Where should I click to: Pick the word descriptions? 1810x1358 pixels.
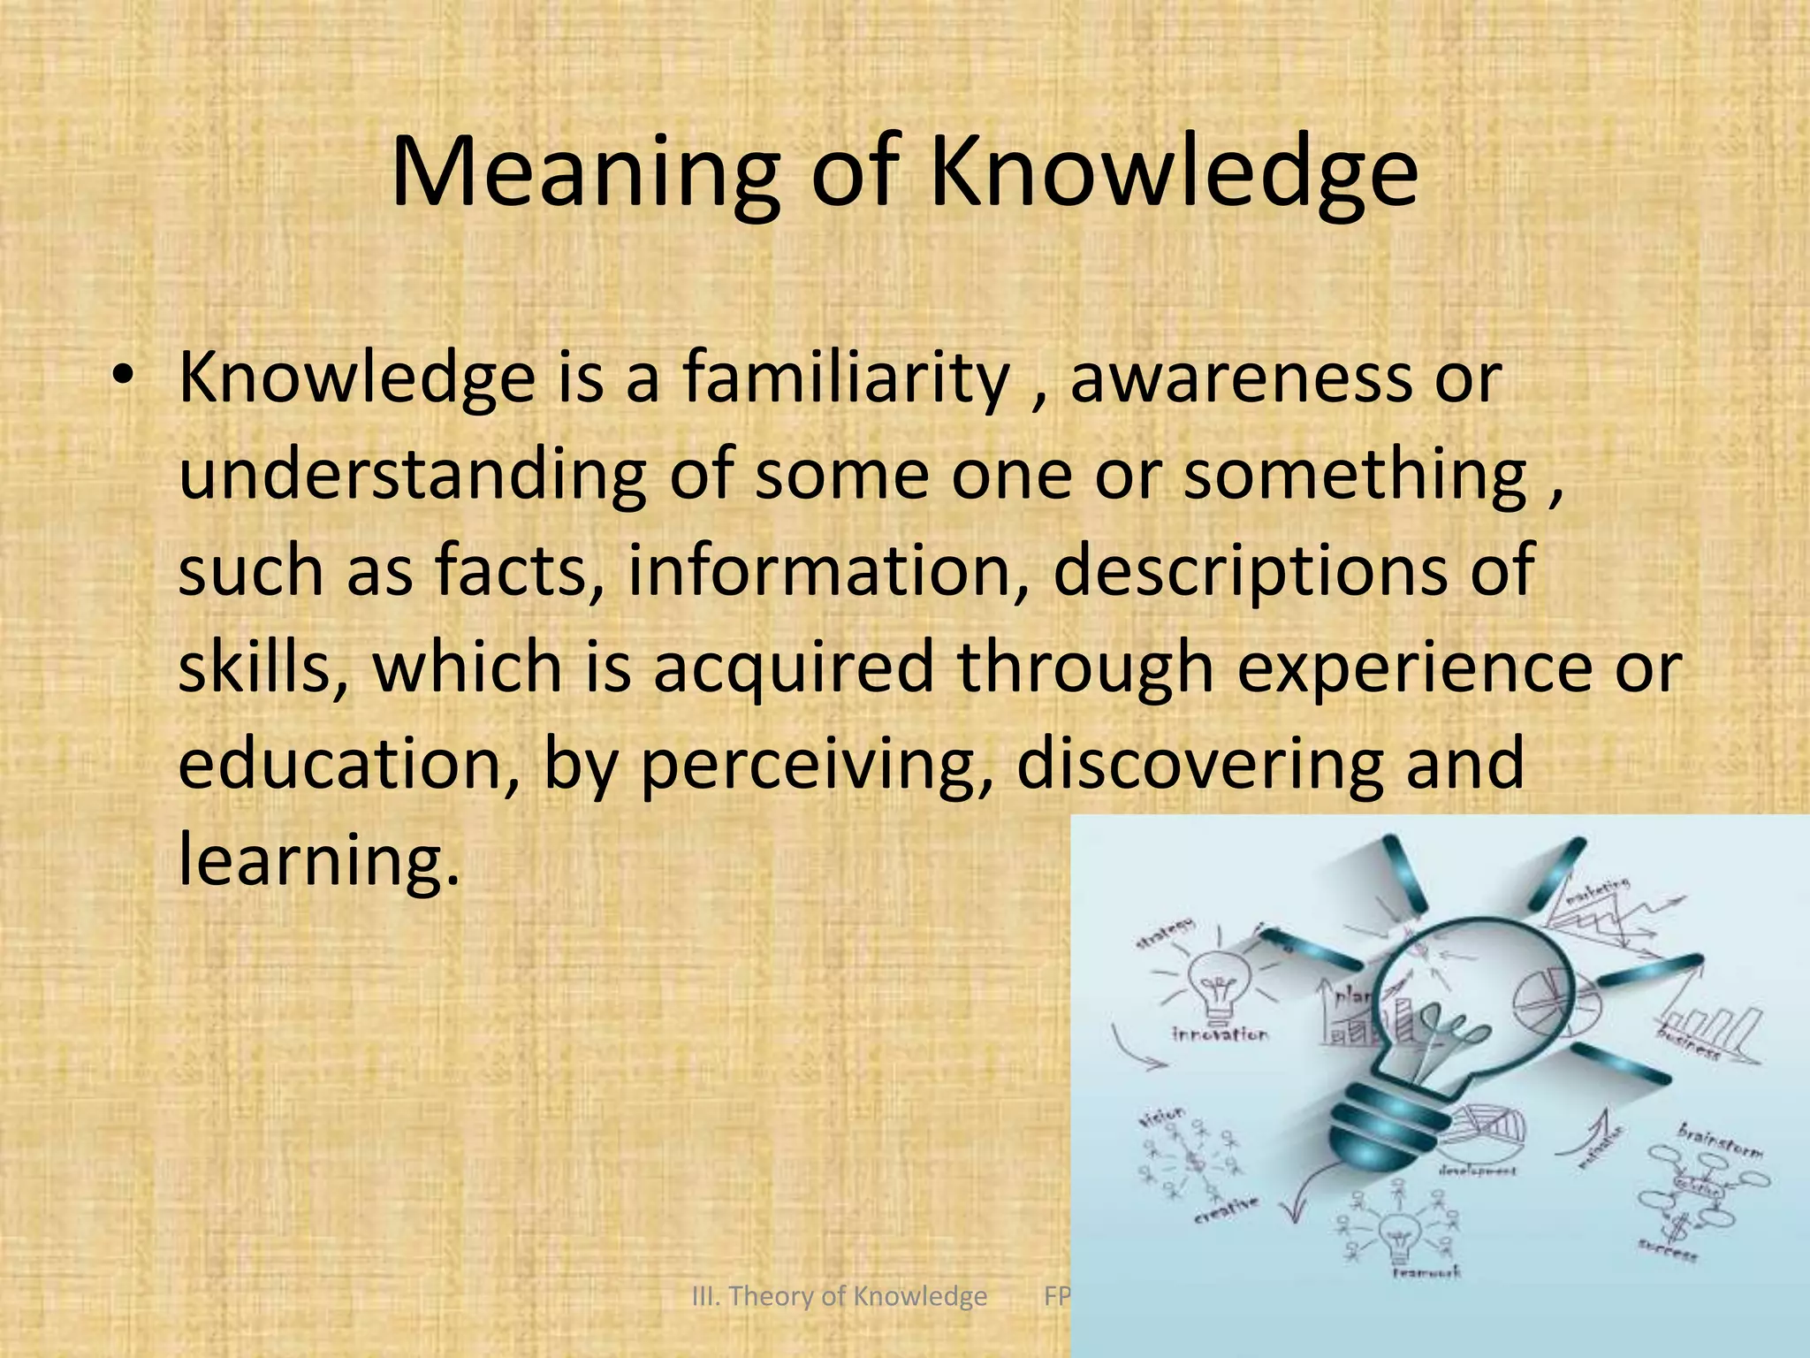(1251, 570)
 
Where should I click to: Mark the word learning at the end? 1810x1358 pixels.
(319, 860)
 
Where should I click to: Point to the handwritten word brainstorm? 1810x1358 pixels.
(1720, 1141)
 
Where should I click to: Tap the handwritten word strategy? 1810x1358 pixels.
(1165, 934)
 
